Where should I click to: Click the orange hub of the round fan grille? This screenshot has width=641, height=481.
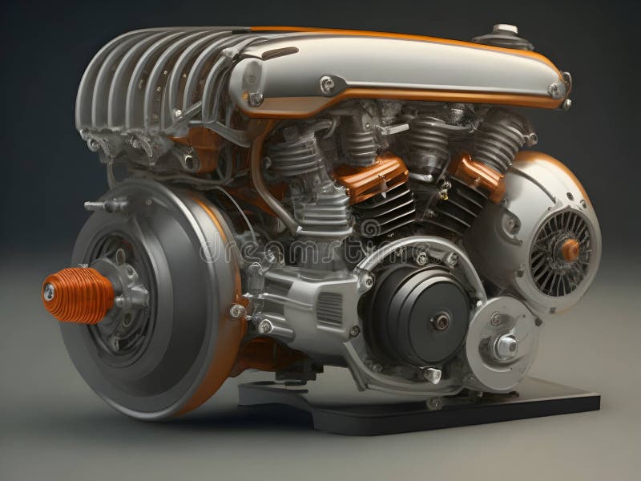click(x=570, y=250)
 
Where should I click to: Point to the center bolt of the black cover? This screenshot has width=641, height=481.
click(x=440, y=322)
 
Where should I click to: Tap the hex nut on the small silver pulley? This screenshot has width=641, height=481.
click(x=506, y=346)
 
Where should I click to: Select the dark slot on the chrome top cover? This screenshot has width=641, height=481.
click(x=280, y=54)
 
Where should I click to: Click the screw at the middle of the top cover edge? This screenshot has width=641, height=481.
click(x=327, y=83)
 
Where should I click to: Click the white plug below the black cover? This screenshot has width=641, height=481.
click(x=433, y=375)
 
